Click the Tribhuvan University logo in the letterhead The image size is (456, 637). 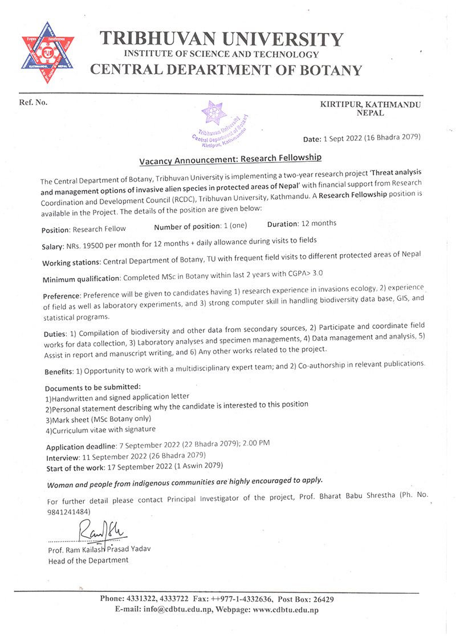tap(48, 53)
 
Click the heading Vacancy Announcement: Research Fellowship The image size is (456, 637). tap(231, 157)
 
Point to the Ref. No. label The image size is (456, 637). tap(34, 103)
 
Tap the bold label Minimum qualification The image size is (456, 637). tap(80, 279)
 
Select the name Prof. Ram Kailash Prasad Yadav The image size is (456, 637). tap(100, 549)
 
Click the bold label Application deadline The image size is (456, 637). tap(80, 447)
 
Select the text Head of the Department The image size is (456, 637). tap(88, 560)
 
